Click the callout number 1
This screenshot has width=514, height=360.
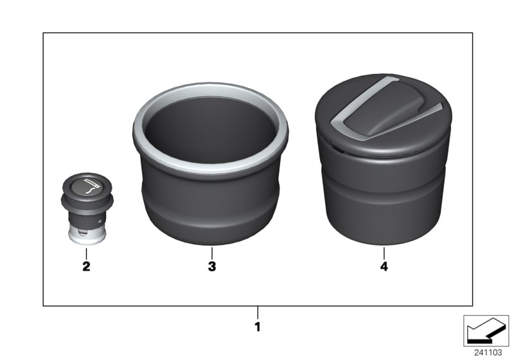[x=257, y=327]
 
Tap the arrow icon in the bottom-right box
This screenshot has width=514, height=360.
[x=485, y=331]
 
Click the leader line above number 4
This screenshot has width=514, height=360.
[x=384, y=252]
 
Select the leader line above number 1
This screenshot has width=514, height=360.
[x=257, y=313]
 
